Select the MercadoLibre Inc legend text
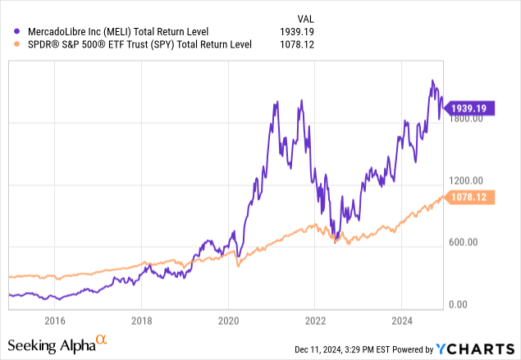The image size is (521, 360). tap(119, 32)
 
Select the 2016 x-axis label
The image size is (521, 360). tap(54, 321)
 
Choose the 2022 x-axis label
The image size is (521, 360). tap(315, 321)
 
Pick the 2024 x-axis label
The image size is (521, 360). tap(402, 321)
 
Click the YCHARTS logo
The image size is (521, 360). tap(478, 348)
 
